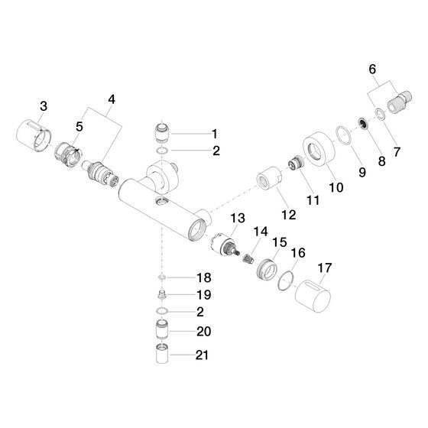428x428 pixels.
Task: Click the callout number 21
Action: coord(202,355)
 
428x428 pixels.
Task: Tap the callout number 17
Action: coord(325,267)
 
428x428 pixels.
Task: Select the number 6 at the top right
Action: coord(372,69)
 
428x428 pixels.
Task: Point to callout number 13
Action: coord(238,218)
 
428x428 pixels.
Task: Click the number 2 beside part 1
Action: coord(216,151)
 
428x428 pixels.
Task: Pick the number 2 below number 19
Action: coord(200,312)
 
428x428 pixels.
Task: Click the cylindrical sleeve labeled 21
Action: coord(162,354)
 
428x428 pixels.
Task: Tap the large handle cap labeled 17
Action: coord(313,296)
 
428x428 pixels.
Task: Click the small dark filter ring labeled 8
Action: coord(364,124)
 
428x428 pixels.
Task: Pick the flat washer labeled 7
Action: coord(380,114)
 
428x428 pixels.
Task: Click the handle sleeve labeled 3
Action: coord(34,135)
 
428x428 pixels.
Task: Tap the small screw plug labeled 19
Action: coord(162,295)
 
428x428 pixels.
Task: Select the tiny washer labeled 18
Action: coord(162,277)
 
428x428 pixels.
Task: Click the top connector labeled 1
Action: coord(162,133)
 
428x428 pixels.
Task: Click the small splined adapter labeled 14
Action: coord(248,258)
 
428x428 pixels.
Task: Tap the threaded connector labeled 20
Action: coord(162,330)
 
